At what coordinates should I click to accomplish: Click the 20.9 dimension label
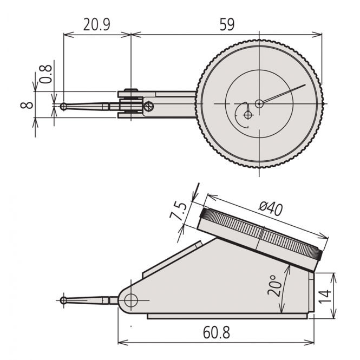[98, 24]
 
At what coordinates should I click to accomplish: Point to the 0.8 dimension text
[46, 74]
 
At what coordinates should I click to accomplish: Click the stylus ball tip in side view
[64, 299]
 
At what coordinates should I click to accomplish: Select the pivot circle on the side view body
[130, 300]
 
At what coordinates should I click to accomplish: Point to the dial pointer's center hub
[259, 103]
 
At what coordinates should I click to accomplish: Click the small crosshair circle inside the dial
[248, 115]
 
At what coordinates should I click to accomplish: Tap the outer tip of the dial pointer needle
[305, 84]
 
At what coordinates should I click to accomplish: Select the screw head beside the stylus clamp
[149, 107]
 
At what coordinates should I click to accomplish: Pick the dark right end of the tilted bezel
[319, 254]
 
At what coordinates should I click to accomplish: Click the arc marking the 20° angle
[282, 292]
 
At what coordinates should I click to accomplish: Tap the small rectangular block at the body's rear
[311, 292]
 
